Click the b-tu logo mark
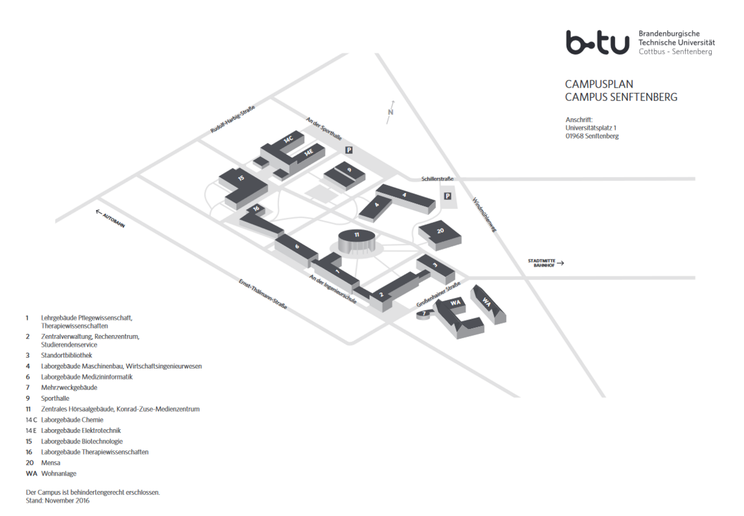598,43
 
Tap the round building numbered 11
356,241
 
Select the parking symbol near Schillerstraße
448,196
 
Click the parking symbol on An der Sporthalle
348,150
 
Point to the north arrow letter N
391,112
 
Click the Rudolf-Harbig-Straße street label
232,119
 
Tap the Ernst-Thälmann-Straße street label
263,294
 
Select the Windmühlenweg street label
484,215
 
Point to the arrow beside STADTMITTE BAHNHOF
560,263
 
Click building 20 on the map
440,235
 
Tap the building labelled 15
243,188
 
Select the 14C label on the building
288,139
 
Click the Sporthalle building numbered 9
345,176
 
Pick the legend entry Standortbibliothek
66,356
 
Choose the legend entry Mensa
50,463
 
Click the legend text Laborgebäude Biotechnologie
82,441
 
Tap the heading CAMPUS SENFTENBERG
621,97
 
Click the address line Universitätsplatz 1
591,128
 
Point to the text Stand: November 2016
58,501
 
